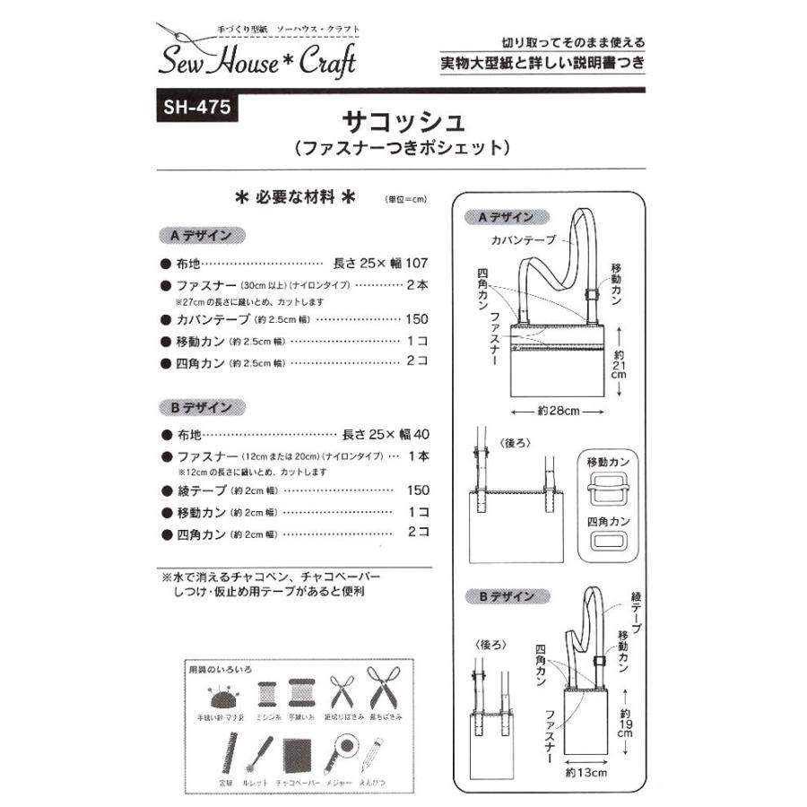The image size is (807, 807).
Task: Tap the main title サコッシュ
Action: point(403,120)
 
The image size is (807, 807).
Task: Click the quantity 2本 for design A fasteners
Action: point(419,285)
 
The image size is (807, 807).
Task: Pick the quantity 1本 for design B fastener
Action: point(419,456)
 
